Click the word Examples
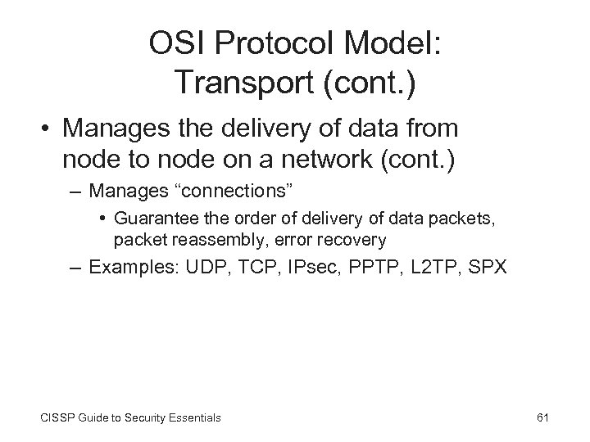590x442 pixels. (x=132, y=267)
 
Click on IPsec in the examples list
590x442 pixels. (x=301, y=267)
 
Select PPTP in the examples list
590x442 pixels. (x=361, y=267)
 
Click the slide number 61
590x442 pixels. (x=542, y=417)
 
